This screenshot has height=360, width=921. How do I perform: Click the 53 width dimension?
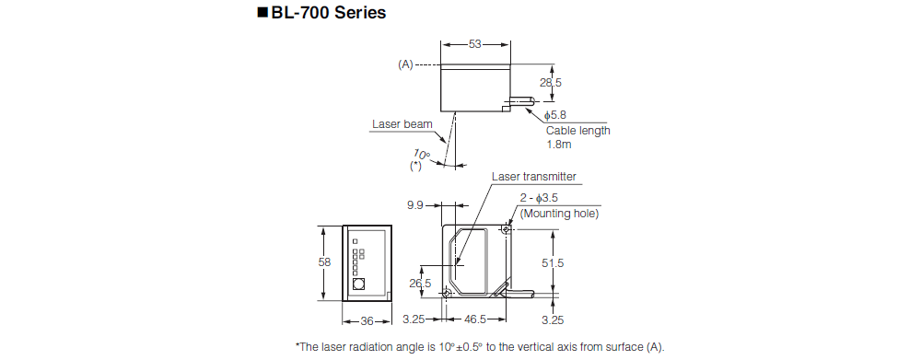pyautogui.click(x=474, y=43)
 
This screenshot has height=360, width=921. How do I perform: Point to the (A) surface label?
pyautogui.click(x=406, y=65)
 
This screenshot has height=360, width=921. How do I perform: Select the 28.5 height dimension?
pyautogui.click(x=551, y=83)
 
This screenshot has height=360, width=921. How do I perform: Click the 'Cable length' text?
pyautogui.click(x=577, y=130)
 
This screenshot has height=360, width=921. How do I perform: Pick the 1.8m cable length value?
pyautogui.click(x=560, y=145)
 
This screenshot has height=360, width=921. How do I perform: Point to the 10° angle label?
pyautogui.click(x=422, y=154)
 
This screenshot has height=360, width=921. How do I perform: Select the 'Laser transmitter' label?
pyautogui.click(x=534, y=177)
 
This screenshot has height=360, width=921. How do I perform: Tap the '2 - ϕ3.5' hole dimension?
pyautogui.click(x=544, y=198)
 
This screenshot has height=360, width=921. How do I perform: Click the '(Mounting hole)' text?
pyautogui.click(x=559, y=214)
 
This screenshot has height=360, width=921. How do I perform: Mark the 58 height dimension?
pyautogui.click(x=324, y=262)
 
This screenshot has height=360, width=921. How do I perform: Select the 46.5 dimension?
pyautogui.click(x=475, y=320)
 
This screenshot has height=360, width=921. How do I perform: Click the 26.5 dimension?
pyautogui.click(x=420, y=284)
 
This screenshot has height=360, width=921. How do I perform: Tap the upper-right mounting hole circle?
pyautogui.click(x=507, y=230)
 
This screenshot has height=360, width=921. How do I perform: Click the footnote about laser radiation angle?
pyautogui.click(x=479, y=346)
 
